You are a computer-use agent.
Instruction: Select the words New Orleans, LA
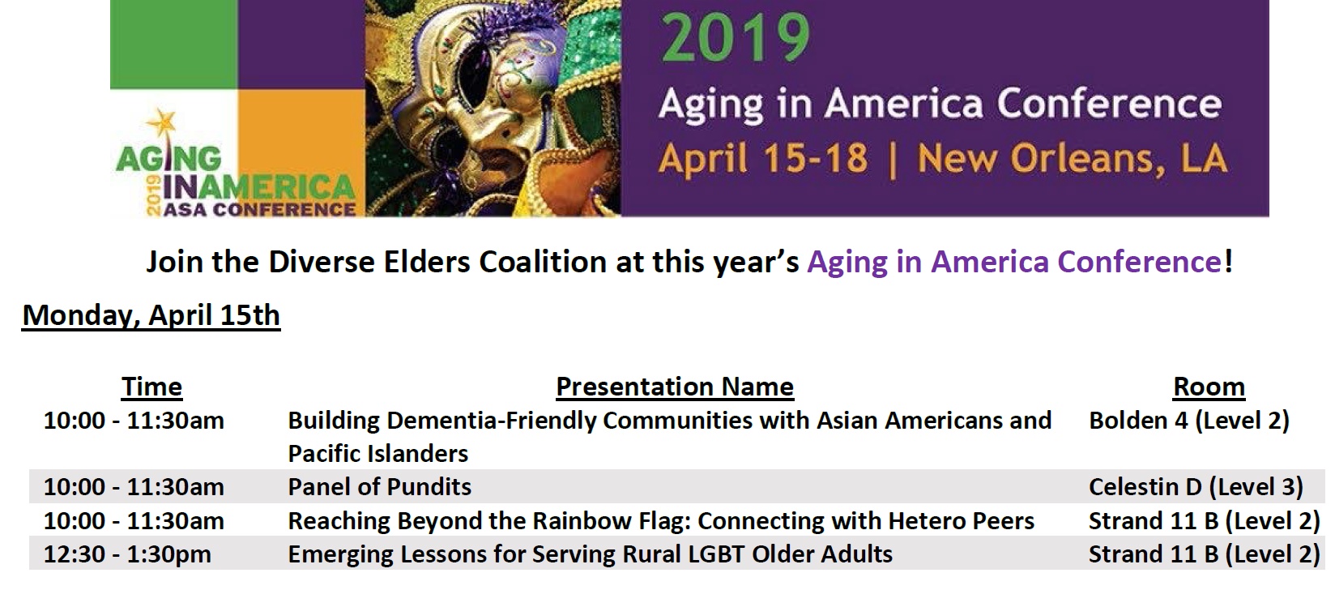(1072, 159)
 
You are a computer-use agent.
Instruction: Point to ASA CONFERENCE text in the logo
(259, 209)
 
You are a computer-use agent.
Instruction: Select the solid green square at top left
(173, 44)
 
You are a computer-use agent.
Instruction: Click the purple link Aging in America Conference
(1014, 262)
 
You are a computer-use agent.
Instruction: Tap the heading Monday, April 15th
(151, 314)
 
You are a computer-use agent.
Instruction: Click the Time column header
(151, 387)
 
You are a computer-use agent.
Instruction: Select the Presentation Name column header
(674, 387)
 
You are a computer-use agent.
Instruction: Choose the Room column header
(1209, 387)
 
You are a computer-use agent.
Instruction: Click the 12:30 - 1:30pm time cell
(127, 554)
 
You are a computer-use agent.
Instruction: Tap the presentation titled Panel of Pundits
(379, 486)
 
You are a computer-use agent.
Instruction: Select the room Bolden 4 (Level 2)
(1188, 420)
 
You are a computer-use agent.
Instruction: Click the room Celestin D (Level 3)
(1195, 486)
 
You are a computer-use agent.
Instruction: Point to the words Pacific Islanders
(377, 453)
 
